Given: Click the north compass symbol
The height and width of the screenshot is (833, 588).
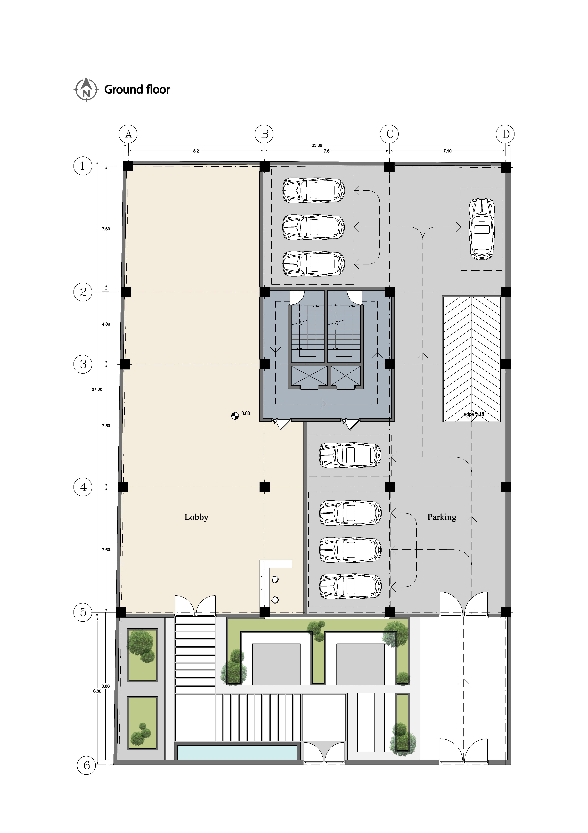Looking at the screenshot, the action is [x=86, y=90].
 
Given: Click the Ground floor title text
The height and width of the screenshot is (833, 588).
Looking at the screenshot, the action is [x=137, y=90].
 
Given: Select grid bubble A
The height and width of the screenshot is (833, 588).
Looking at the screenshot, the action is [x=128, y=134].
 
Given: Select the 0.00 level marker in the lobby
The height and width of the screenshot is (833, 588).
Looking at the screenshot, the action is [x=240, y=415].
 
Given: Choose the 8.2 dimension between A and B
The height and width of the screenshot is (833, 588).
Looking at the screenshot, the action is [x=196, y=151].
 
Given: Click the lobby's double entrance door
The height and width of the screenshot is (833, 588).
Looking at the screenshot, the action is [x=195, y=605].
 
